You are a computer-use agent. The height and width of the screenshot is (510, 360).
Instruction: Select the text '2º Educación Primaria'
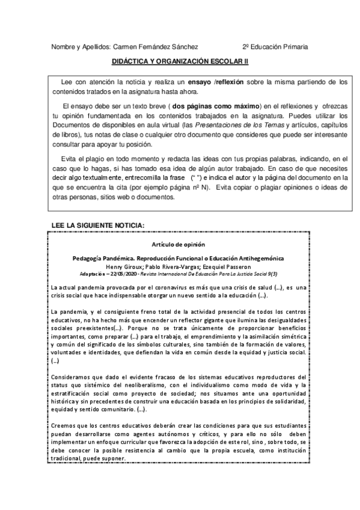pos(275,46)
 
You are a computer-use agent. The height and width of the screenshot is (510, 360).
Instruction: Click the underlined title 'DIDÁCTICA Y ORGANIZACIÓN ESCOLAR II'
pos(180,61)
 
